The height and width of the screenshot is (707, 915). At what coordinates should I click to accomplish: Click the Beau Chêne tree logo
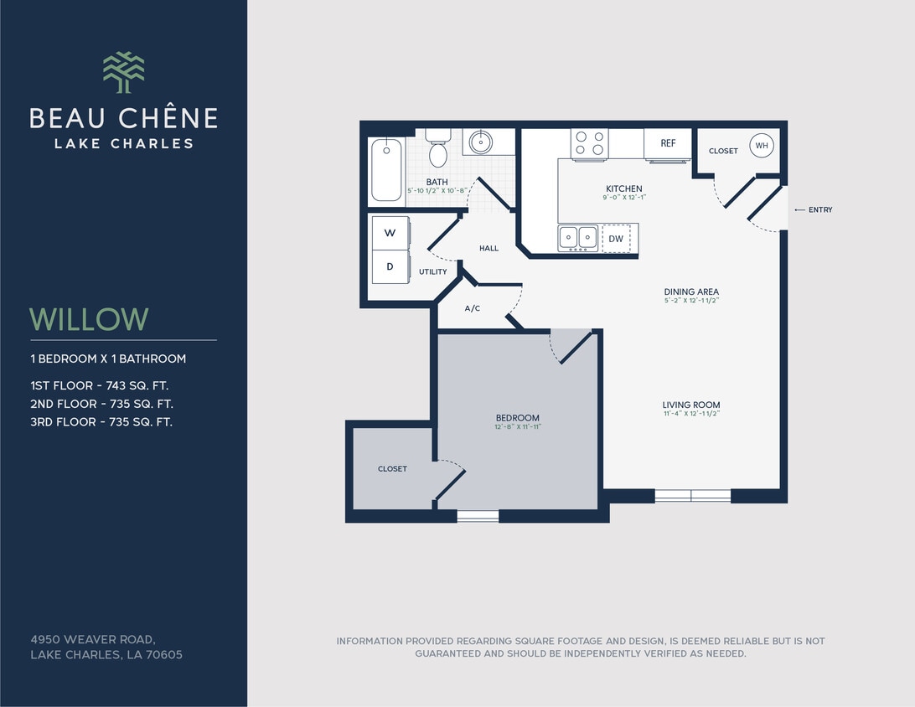pyautogui.click(x=123, y=72)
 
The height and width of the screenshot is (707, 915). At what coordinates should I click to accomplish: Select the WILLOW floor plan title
pyautogui.click(x=89, y=319)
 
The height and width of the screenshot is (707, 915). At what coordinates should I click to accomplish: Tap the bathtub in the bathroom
pyautogui.click(x=386, y=170)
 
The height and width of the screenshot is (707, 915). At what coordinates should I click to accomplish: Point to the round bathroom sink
pyautogui.click(x=480, y=141)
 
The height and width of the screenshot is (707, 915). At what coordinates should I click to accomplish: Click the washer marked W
pyautogui.click(x=390, y=234)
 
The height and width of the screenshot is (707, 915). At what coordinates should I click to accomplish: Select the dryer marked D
pyautogui.click(x=390, y=267)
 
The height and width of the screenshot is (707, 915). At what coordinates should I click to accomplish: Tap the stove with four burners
pyautogui.click(x=590, y=143)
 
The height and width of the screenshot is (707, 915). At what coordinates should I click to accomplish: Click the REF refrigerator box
pyautogui.click(x=668, y=143)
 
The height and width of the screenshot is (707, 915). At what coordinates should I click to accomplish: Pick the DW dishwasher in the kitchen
pyautogui.click(x=616, y=239)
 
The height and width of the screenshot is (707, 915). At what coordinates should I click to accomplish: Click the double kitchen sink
pyautogui.click(x=578, y=237)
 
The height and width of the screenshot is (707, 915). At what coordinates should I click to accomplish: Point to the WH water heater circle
pyautogui.click(x=761, y=146)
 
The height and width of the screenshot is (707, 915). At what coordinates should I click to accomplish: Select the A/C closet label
pyautogui.click(x=473, y=308)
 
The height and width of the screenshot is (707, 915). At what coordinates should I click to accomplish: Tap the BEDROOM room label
pyautogui.click(x=517, y=418)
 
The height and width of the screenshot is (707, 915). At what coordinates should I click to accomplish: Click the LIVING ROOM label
pyautogui.click(x=691, y=405)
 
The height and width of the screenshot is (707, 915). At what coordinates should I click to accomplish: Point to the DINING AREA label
pyautogui.click(x=691, y=292)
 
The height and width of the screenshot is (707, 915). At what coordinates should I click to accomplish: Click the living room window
pyautogui.click(x=692, y=495)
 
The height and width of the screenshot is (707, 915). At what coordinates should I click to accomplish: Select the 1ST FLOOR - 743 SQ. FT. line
pyautogui.click(x=101, y=385)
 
